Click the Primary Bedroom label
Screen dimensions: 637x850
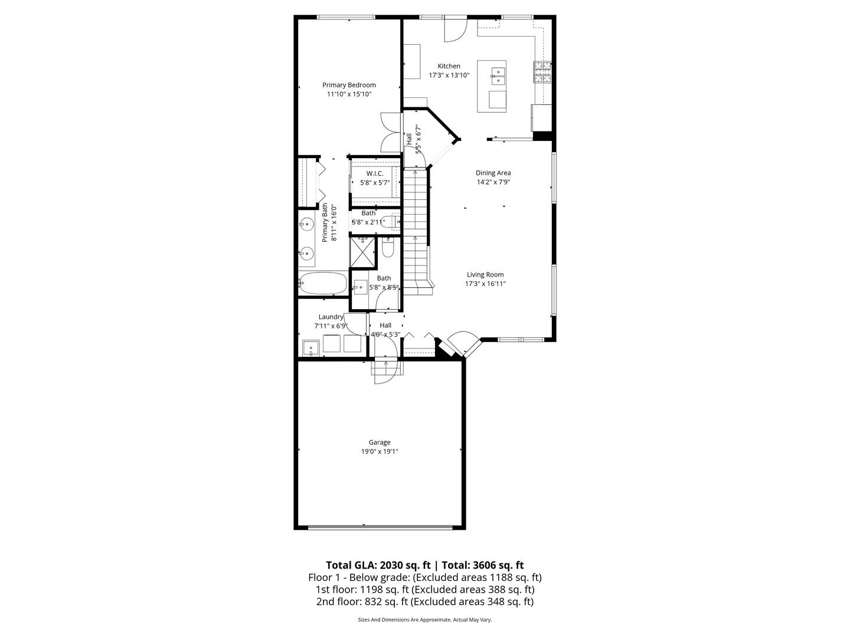point(349,85)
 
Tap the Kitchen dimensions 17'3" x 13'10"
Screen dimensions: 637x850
point(449,75)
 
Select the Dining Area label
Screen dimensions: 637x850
point(493,173)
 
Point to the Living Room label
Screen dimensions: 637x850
point(485,274)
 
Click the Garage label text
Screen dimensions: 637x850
point(380,442)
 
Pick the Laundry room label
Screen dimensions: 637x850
point(331,317)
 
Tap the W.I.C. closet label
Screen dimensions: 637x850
point(375,173)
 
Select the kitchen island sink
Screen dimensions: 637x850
point(498,75)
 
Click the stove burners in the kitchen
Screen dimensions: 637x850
point(542,71)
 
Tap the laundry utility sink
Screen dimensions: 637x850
point(310,348)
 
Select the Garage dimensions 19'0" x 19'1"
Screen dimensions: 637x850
point(380,452)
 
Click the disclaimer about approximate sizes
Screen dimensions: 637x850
point(425,620)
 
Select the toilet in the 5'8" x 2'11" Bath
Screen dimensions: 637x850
point(390,222)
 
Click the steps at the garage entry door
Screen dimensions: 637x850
point(385,368)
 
